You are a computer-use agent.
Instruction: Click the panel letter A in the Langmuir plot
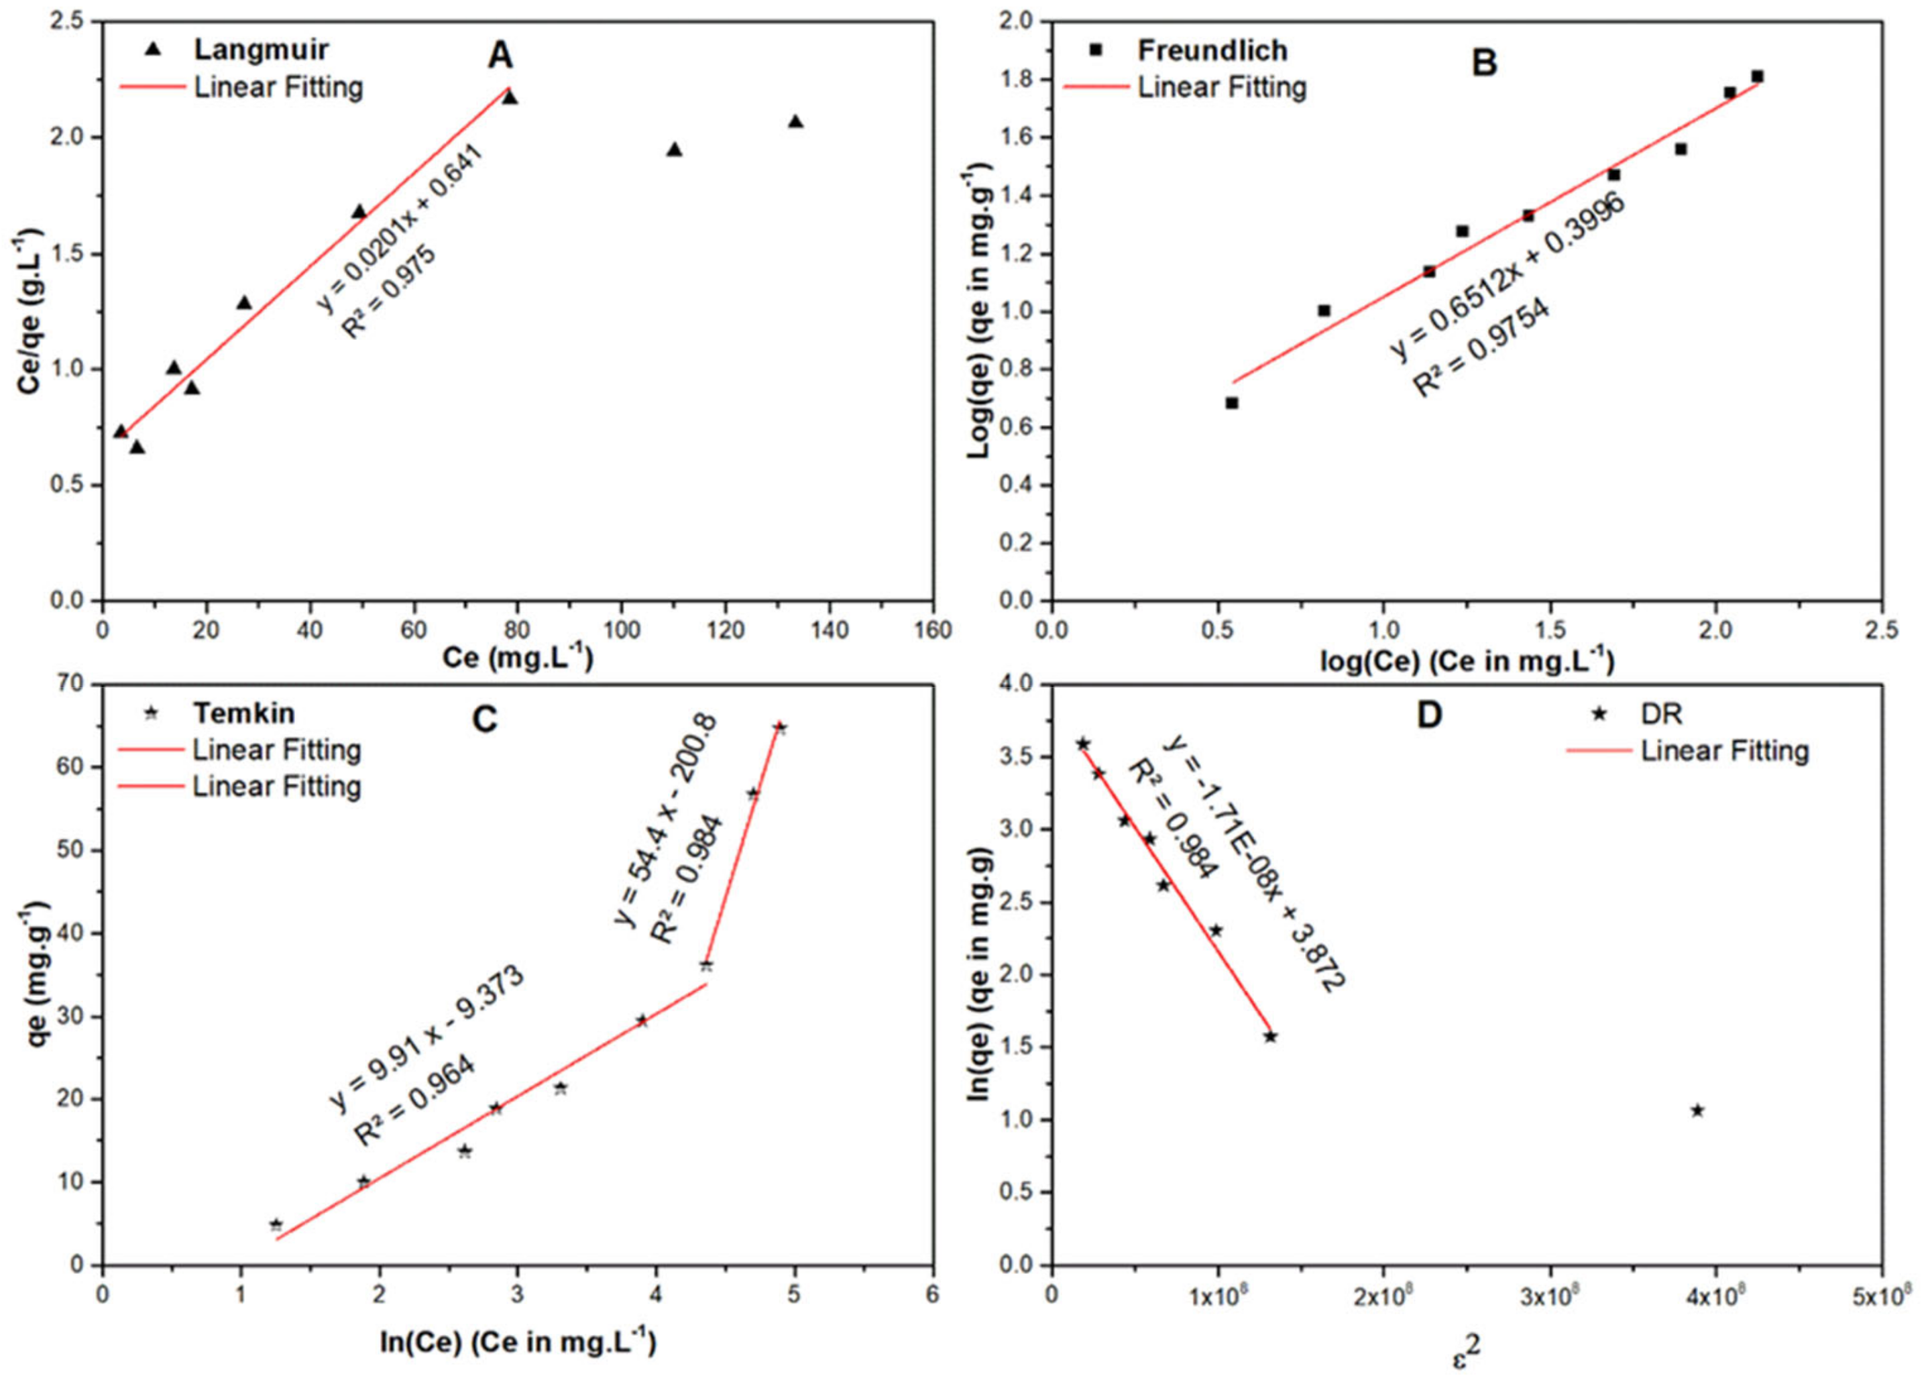(500, 56)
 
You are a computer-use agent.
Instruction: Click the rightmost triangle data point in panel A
(795, 122)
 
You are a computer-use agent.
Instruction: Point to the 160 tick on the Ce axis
(933, 630)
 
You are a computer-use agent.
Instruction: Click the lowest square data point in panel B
(1231, 403)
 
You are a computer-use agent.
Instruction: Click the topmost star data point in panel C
(780, 728)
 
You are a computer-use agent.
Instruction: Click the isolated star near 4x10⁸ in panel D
(1697, 1110)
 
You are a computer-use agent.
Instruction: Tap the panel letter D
(1430, 715)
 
